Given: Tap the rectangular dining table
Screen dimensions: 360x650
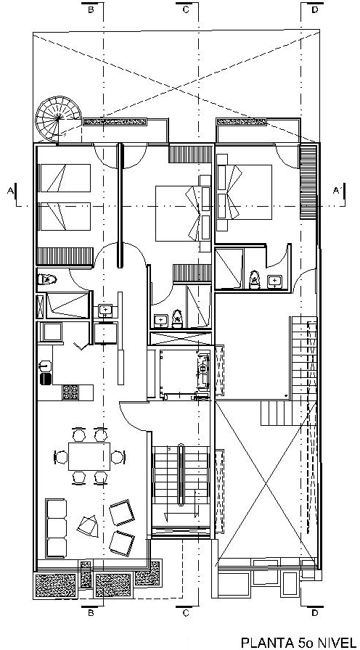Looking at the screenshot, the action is [89, 456].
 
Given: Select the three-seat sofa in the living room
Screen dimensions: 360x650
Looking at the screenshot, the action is [56, 528].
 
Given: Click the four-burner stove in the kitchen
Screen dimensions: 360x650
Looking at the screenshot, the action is [70, 392].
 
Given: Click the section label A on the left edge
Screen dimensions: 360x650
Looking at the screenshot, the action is [10, 190].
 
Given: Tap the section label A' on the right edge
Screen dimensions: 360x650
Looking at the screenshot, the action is [337, 190].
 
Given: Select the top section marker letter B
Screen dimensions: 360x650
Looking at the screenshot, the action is [91, 10].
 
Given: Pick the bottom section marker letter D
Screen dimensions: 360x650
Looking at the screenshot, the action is [315, 612].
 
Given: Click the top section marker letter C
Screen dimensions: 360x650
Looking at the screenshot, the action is [185, 10].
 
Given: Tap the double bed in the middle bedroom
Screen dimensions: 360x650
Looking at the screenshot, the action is [183, 213].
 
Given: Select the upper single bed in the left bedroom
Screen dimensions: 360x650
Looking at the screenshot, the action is [65, 178].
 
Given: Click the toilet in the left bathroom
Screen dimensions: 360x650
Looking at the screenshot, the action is [46, 279].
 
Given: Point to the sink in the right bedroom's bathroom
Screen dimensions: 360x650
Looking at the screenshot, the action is [274, 281].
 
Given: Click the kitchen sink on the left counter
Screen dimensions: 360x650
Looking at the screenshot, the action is [45, 366].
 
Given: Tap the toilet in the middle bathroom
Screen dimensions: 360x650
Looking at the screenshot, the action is [178, 318].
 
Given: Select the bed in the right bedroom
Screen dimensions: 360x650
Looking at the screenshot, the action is [244, 192].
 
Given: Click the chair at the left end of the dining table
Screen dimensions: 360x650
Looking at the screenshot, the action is [61, 457].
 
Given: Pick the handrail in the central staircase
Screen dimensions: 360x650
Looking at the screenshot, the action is [181, 474].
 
